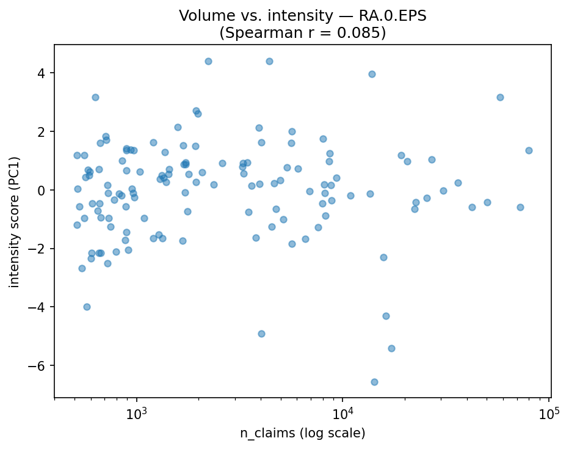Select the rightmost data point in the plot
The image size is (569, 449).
[529, 150]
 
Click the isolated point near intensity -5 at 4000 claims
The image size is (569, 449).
[261, 334]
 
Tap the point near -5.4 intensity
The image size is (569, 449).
[391, 348]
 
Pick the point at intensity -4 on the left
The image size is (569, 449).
[87, 307]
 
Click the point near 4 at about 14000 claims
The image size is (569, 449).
[372, 74]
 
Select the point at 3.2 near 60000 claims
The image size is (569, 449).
[500, 97]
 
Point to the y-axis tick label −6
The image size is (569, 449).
[39, 365]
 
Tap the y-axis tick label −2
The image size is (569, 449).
[39, 249]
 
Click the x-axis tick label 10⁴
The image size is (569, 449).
[342, 413]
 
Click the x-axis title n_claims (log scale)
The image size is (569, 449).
[302, 434]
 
